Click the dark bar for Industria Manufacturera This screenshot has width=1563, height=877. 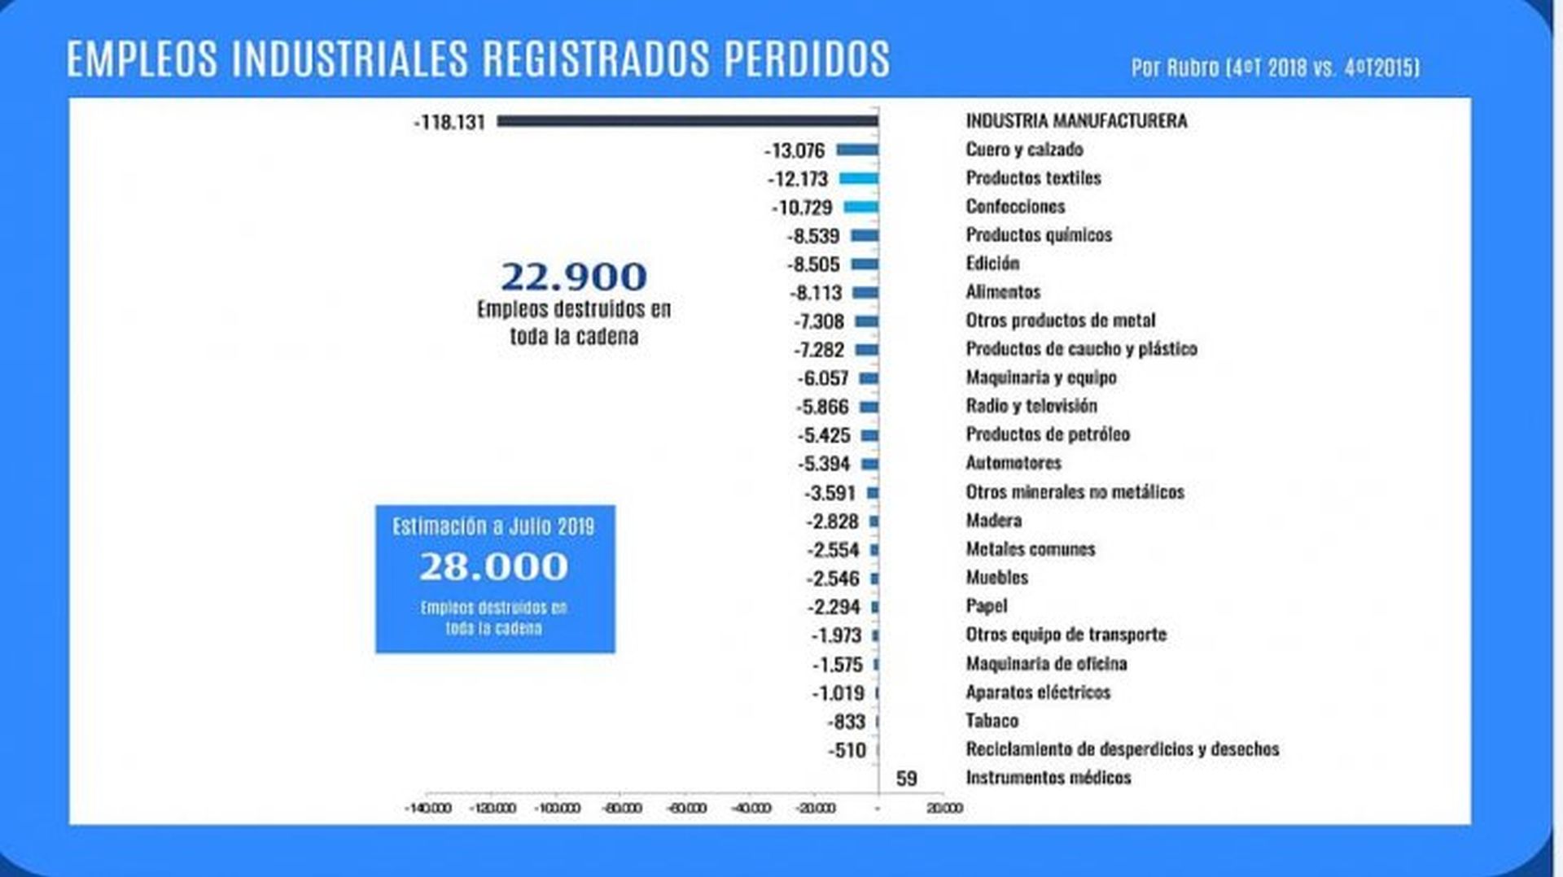tap(688, 121)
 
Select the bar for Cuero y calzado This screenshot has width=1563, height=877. tap(857, 150)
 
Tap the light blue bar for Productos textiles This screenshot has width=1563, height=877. tap(859, 178)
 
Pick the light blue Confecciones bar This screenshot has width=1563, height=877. tap(861, 207)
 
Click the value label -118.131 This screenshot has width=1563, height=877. tap(449, 122)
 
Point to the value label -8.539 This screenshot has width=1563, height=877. tap(813, 236)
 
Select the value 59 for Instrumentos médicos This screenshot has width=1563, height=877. tap(906, 779)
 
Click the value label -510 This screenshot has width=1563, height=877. tap(847, 750)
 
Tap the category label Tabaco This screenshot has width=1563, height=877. tap(992, 721)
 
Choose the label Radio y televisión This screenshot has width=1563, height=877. tap(1031, 406)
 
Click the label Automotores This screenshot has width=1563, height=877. tap(1014, 463)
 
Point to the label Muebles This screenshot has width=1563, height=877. tap(996, 578)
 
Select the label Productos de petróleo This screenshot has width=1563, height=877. tap(1048, 434)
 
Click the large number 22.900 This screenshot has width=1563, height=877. tap(574, 277)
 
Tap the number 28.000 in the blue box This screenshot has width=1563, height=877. tap(493, 566)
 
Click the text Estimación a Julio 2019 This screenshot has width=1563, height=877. tap(493, 526)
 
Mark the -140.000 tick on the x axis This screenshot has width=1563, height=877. tap(428, 808)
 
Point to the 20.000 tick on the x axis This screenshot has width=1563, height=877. tap(944, 808)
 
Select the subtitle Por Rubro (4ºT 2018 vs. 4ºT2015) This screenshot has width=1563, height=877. tap(1275, 68)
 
